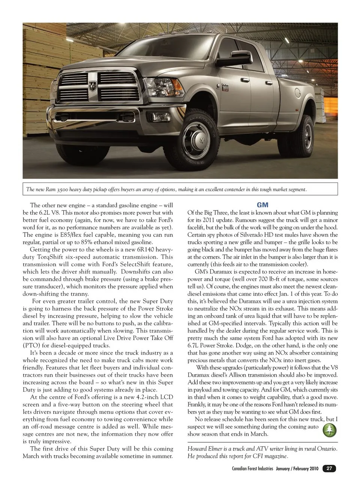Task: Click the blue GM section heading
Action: [x=262, y=205]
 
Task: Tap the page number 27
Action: [x=329, y=468]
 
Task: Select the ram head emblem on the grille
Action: [x=93, y=86]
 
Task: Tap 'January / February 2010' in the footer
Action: [x=297, y=469]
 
